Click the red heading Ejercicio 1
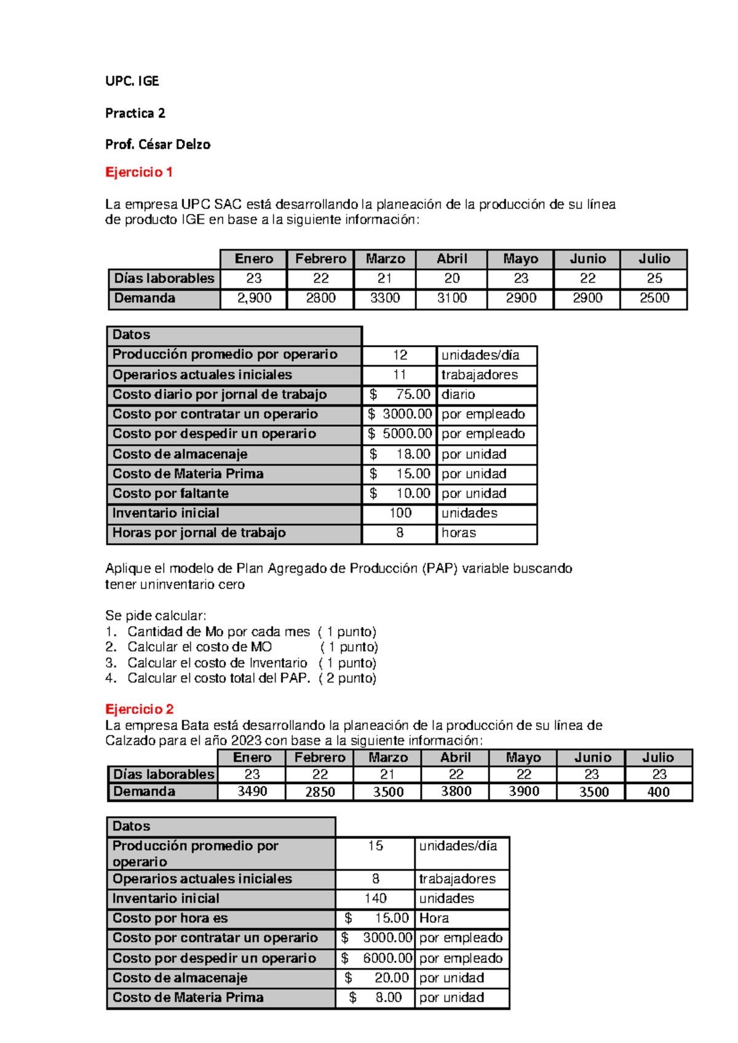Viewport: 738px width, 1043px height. (138, 172)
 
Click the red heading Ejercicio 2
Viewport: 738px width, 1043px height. (139, 709)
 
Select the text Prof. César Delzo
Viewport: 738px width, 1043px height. (157, 145)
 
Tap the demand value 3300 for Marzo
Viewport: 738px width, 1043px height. (385, 298)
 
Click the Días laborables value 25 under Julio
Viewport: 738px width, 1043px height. (654, 279)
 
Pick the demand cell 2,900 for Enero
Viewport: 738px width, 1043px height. (253, 298)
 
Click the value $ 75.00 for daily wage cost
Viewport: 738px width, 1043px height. (400, 394)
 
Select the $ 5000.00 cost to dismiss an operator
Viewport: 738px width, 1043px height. (400, 434)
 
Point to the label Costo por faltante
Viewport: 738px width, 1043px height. (170, 493)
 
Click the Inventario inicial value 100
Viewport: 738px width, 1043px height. (400, 513)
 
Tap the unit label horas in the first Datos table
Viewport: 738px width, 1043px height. (459, 533)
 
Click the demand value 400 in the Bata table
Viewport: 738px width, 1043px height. (658, 792)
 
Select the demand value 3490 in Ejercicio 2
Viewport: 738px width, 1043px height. (252, 791)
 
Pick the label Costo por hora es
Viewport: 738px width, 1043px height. (170, 918)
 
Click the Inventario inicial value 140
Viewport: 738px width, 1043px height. (375, 898)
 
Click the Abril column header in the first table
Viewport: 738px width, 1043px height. (451, 259)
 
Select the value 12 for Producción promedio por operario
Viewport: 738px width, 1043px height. (400, 355)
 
